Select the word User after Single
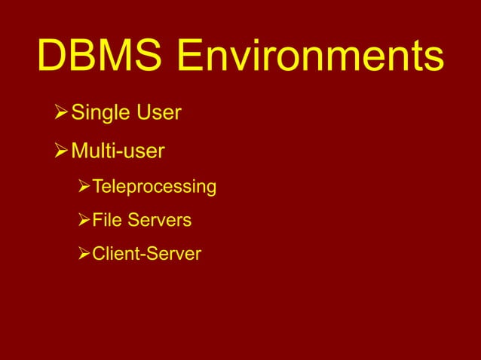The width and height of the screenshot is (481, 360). [159, 114]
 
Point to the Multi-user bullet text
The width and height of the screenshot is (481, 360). [118, 153]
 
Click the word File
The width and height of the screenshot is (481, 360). [106, 221]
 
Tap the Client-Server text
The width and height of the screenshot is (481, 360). [146, 255]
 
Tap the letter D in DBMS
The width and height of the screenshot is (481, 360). [52, 56]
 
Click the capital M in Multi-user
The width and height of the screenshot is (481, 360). [79, 153]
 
